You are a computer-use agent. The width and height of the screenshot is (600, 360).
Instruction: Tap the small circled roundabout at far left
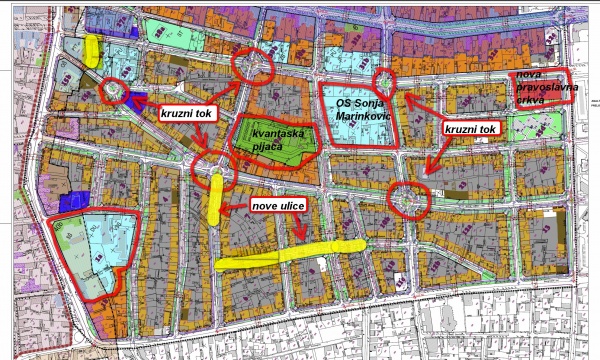[113, 93]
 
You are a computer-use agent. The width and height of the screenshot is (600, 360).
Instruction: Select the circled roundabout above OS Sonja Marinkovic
[381, 81]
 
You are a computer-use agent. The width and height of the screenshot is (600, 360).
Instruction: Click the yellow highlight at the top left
[93, 50]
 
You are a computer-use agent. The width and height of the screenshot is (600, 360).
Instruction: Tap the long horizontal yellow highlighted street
[290, 254]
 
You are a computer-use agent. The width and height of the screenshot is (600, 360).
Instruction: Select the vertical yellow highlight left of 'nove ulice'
[217, 196]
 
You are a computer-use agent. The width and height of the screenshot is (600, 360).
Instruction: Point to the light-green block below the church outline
[535, 126]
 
